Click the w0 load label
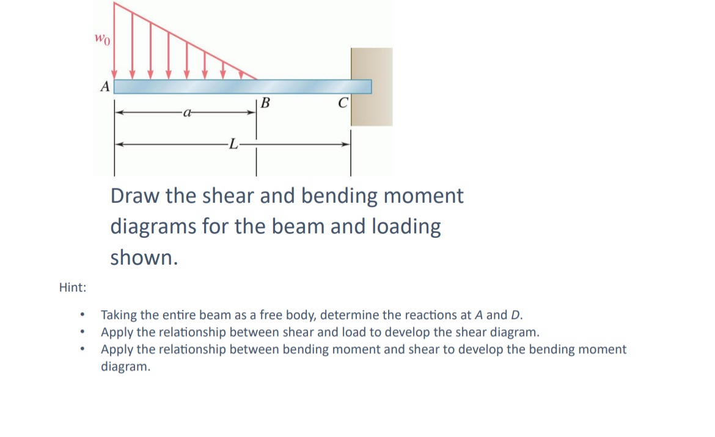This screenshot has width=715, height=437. (x=101, y=39)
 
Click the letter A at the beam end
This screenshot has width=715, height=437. (x=105, y=87)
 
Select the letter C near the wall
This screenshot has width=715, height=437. (x=343, y=103)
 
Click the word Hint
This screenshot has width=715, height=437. (x=72, y=287)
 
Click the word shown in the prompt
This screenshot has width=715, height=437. (x=144, y=258)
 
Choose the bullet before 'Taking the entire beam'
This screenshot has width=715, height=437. (x=81, y=316)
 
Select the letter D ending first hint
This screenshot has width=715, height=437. (x=516, y=315)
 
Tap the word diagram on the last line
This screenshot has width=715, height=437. (x=125, y=367)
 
